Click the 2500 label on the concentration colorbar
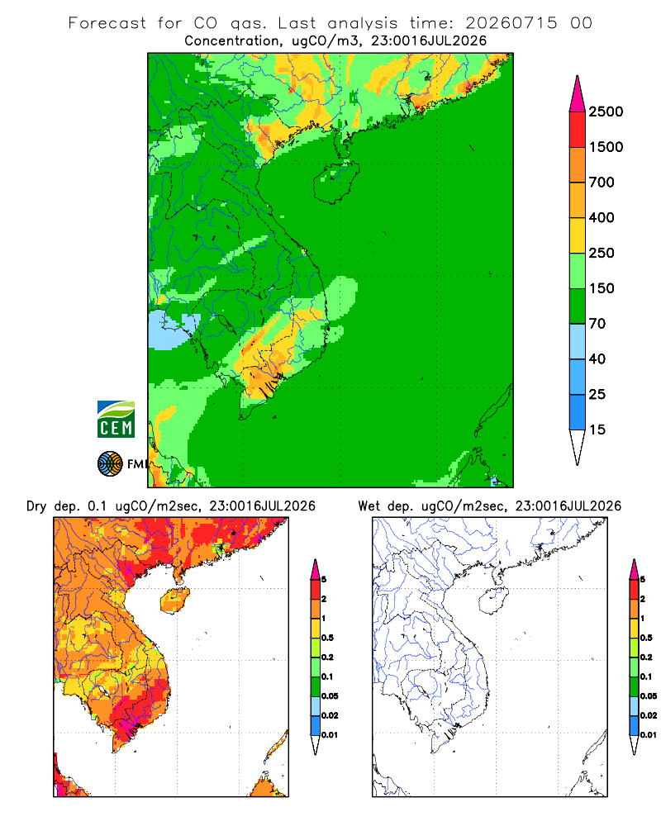(x=606, y=112)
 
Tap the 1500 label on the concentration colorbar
(x=606, y=147)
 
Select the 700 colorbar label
(x=602, y=183)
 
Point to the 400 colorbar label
(x=602, y=217)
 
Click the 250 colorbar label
(x=602, y=253)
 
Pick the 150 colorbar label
(x=602, y=288)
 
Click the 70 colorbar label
(x=597, y=324)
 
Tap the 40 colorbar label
(x=597, y=358)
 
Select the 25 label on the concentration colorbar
(x=597, y=394)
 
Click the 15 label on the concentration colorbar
(x=597, y=430)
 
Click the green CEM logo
(x=116, y=420)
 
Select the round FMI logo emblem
(x=110, y=464)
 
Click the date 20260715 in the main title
(x=511, y=22)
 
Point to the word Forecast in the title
(x=107, y=22)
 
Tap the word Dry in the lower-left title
(x=36, y=506)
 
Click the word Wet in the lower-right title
(x=369, y=506)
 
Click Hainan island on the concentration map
(x=336, y=182)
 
